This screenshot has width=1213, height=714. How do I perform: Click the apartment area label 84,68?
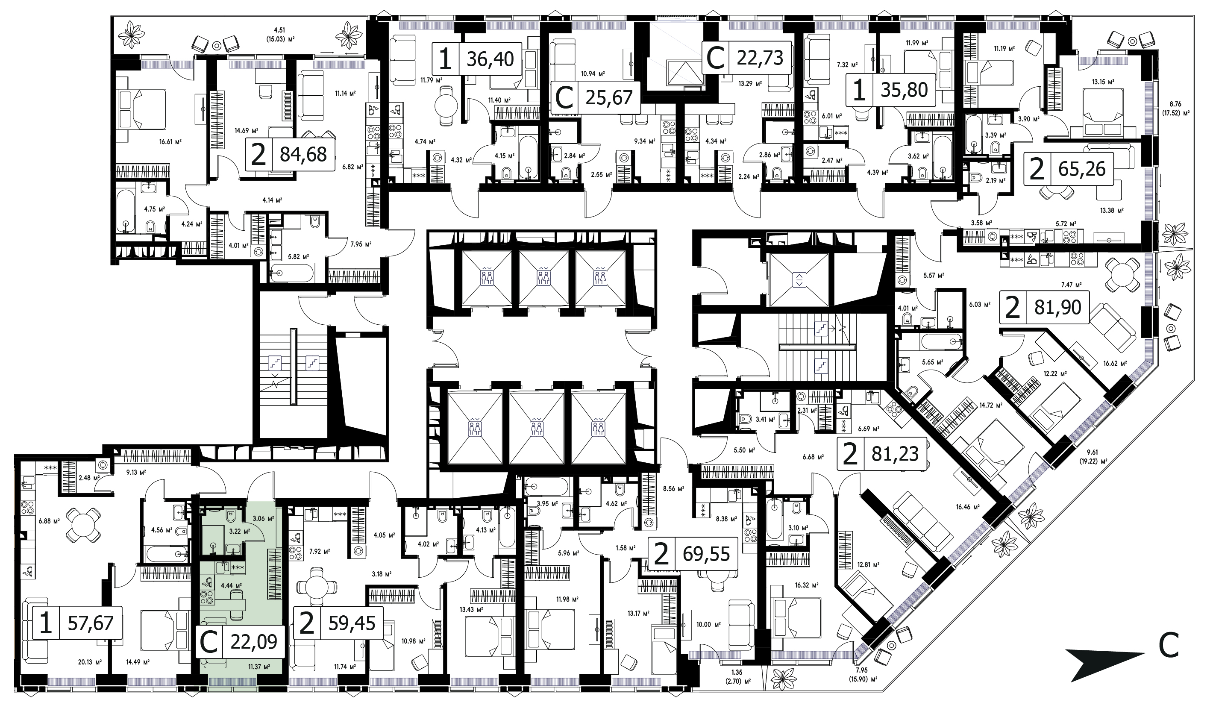pyautogui.click(x=303, y=154)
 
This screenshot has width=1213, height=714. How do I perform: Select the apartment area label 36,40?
pyautogui.click(x=490, y=59)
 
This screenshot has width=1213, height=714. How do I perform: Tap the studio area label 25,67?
pyautogui.click(x=609, y=97)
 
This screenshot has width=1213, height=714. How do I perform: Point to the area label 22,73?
pyautogui.click(x=761, y=57)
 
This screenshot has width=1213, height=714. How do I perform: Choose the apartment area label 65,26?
pyautogui.click(x=1083, y=169)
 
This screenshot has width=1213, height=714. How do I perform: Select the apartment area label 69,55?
pyautogui.click(x=707, y=555)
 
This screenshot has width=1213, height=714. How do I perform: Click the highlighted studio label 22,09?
pyautogui.click(x=254, y=642)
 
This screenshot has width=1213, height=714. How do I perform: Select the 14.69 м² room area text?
pyautogui.click(x=246, y=130)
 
